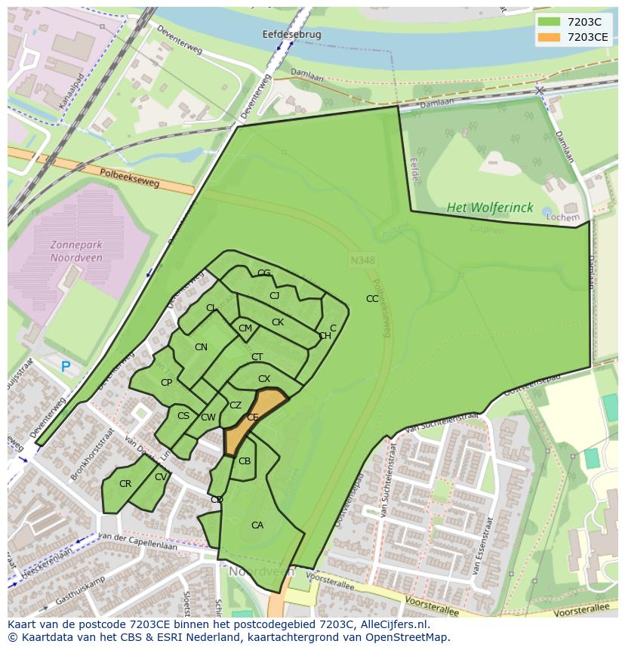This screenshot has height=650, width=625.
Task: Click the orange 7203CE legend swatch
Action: coord(550,37)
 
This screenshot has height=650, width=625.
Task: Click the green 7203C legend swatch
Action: coord(550,22)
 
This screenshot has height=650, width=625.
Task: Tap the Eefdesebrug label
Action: coord(291,35)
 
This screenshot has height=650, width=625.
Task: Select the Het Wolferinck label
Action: coord(490,208)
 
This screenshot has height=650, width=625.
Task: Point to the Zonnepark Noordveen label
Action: coord(76,251)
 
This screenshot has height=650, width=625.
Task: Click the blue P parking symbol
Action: coord(66,367)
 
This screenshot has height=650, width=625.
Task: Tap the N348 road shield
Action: coord(362,260)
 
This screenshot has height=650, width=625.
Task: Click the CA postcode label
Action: coord(257,525)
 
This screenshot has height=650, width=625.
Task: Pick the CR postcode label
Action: coord(125,484)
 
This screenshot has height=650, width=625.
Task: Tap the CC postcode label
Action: coord(372,299)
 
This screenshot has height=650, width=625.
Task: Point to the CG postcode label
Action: coord(263,273)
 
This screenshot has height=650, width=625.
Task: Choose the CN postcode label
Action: coord(201,347)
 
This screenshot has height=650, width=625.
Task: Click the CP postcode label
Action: coord(166,383)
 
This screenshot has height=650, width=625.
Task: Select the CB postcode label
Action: coord(245,461)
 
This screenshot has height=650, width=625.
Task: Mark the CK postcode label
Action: coord(278,322)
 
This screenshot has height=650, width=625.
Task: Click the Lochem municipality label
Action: coord(563,217)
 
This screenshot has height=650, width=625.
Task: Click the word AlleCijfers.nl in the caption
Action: coord(392,624)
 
